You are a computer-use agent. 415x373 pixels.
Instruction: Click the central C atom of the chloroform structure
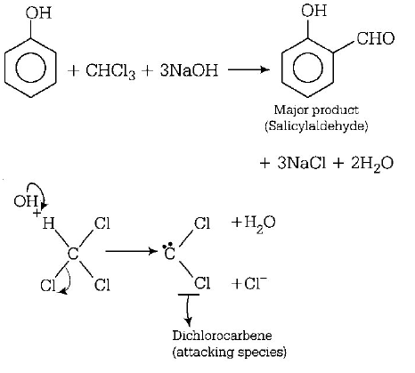pos(73,257)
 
